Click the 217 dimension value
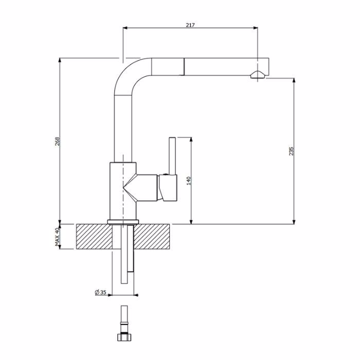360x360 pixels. pyautogui.click(x=190, y=25)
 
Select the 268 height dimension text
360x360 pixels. pyautogui.click(x=57, y=141)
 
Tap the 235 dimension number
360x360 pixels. pyautogui.click(x=291, y=151)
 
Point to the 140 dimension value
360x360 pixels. pyautogui.click(x=189, y=181)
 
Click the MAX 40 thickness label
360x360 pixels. pyautogui.click(x=57, y=237)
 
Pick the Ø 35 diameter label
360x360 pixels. pyautogui.click(x=101, y=292)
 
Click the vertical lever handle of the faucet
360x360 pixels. pyautogui.click(x=172, y=156)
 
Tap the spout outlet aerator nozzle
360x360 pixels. pyautogui.click(x=258, y=75)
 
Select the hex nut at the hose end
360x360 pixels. pyautogui.click(x=124, y=337)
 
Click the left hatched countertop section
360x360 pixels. pyautogui.click(x=94, y=237)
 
